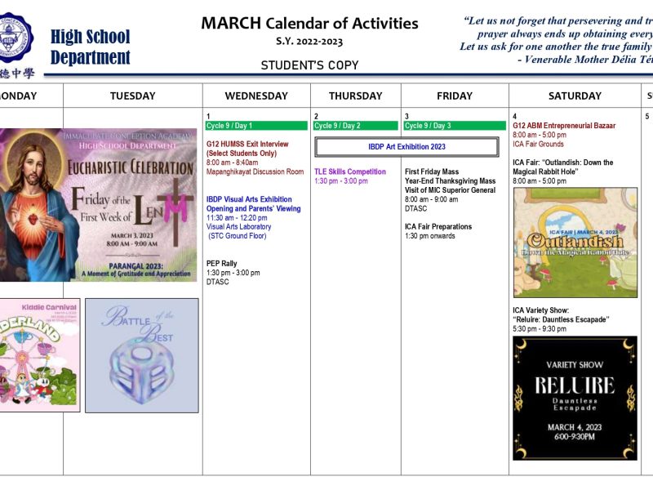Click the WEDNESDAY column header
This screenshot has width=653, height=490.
coord(256,96)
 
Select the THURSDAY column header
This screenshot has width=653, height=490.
coord(355,96)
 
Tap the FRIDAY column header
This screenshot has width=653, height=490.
coord(455,96)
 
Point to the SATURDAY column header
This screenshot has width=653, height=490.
coord(575,96)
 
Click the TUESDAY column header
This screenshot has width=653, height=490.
coord(133,96)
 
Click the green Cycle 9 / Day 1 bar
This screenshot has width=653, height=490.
coord(256,126)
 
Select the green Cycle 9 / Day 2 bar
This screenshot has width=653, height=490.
coord(355,126)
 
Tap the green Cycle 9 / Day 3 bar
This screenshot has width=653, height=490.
coord(455,126)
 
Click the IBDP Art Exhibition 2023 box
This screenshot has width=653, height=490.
coord(406,147)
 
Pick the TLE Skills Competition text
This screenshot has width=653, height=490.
coord(350,171)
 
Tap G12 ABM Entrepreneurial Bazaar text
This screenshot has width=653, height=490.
coord(564,126)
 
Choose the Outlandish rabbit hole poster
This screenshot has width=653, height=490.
coord(575,242)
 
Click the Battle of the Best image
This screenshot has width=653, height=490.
coord(141,354)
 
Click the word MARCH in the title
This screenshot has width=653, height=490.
coord(231,23)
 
